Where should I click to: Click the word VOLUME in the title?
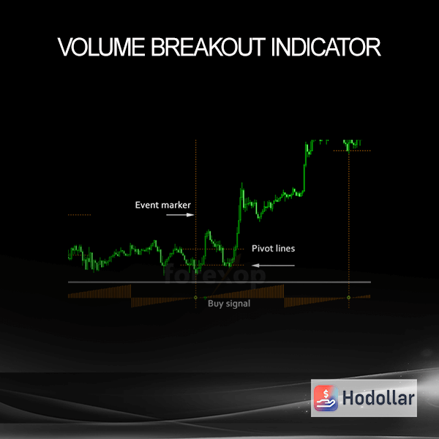(102, 47)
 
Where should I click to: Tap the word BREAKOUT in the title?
(209, 47)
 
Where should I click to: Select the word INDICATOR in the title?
(326, 47)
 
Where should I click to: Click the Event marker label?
(162, 205)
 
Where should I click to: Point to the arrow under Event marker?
(180, 215)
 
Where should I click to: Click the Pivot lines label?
(273, 248)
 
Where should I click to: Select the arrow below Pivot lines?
(273, 266)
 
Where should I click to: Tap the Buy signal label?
(229, 304)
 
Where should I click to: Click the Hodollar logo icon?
(326, 398)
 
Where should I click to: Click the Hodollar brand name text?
(378, 398)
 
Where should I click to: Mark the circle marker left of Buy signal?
(195, 298)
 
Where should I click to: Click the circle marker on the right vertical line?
(348, 298)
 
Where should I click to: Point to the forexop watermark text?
(215, 274)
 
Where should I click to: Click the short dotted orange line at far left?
(79, 215)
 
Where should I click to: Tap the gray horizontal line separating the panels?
(219, 282)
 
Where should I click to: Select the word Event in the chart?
(146, 205)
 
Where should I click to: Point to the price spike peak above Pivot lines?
(241, 184)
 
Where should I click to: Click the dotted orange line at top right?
(352, 151)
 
